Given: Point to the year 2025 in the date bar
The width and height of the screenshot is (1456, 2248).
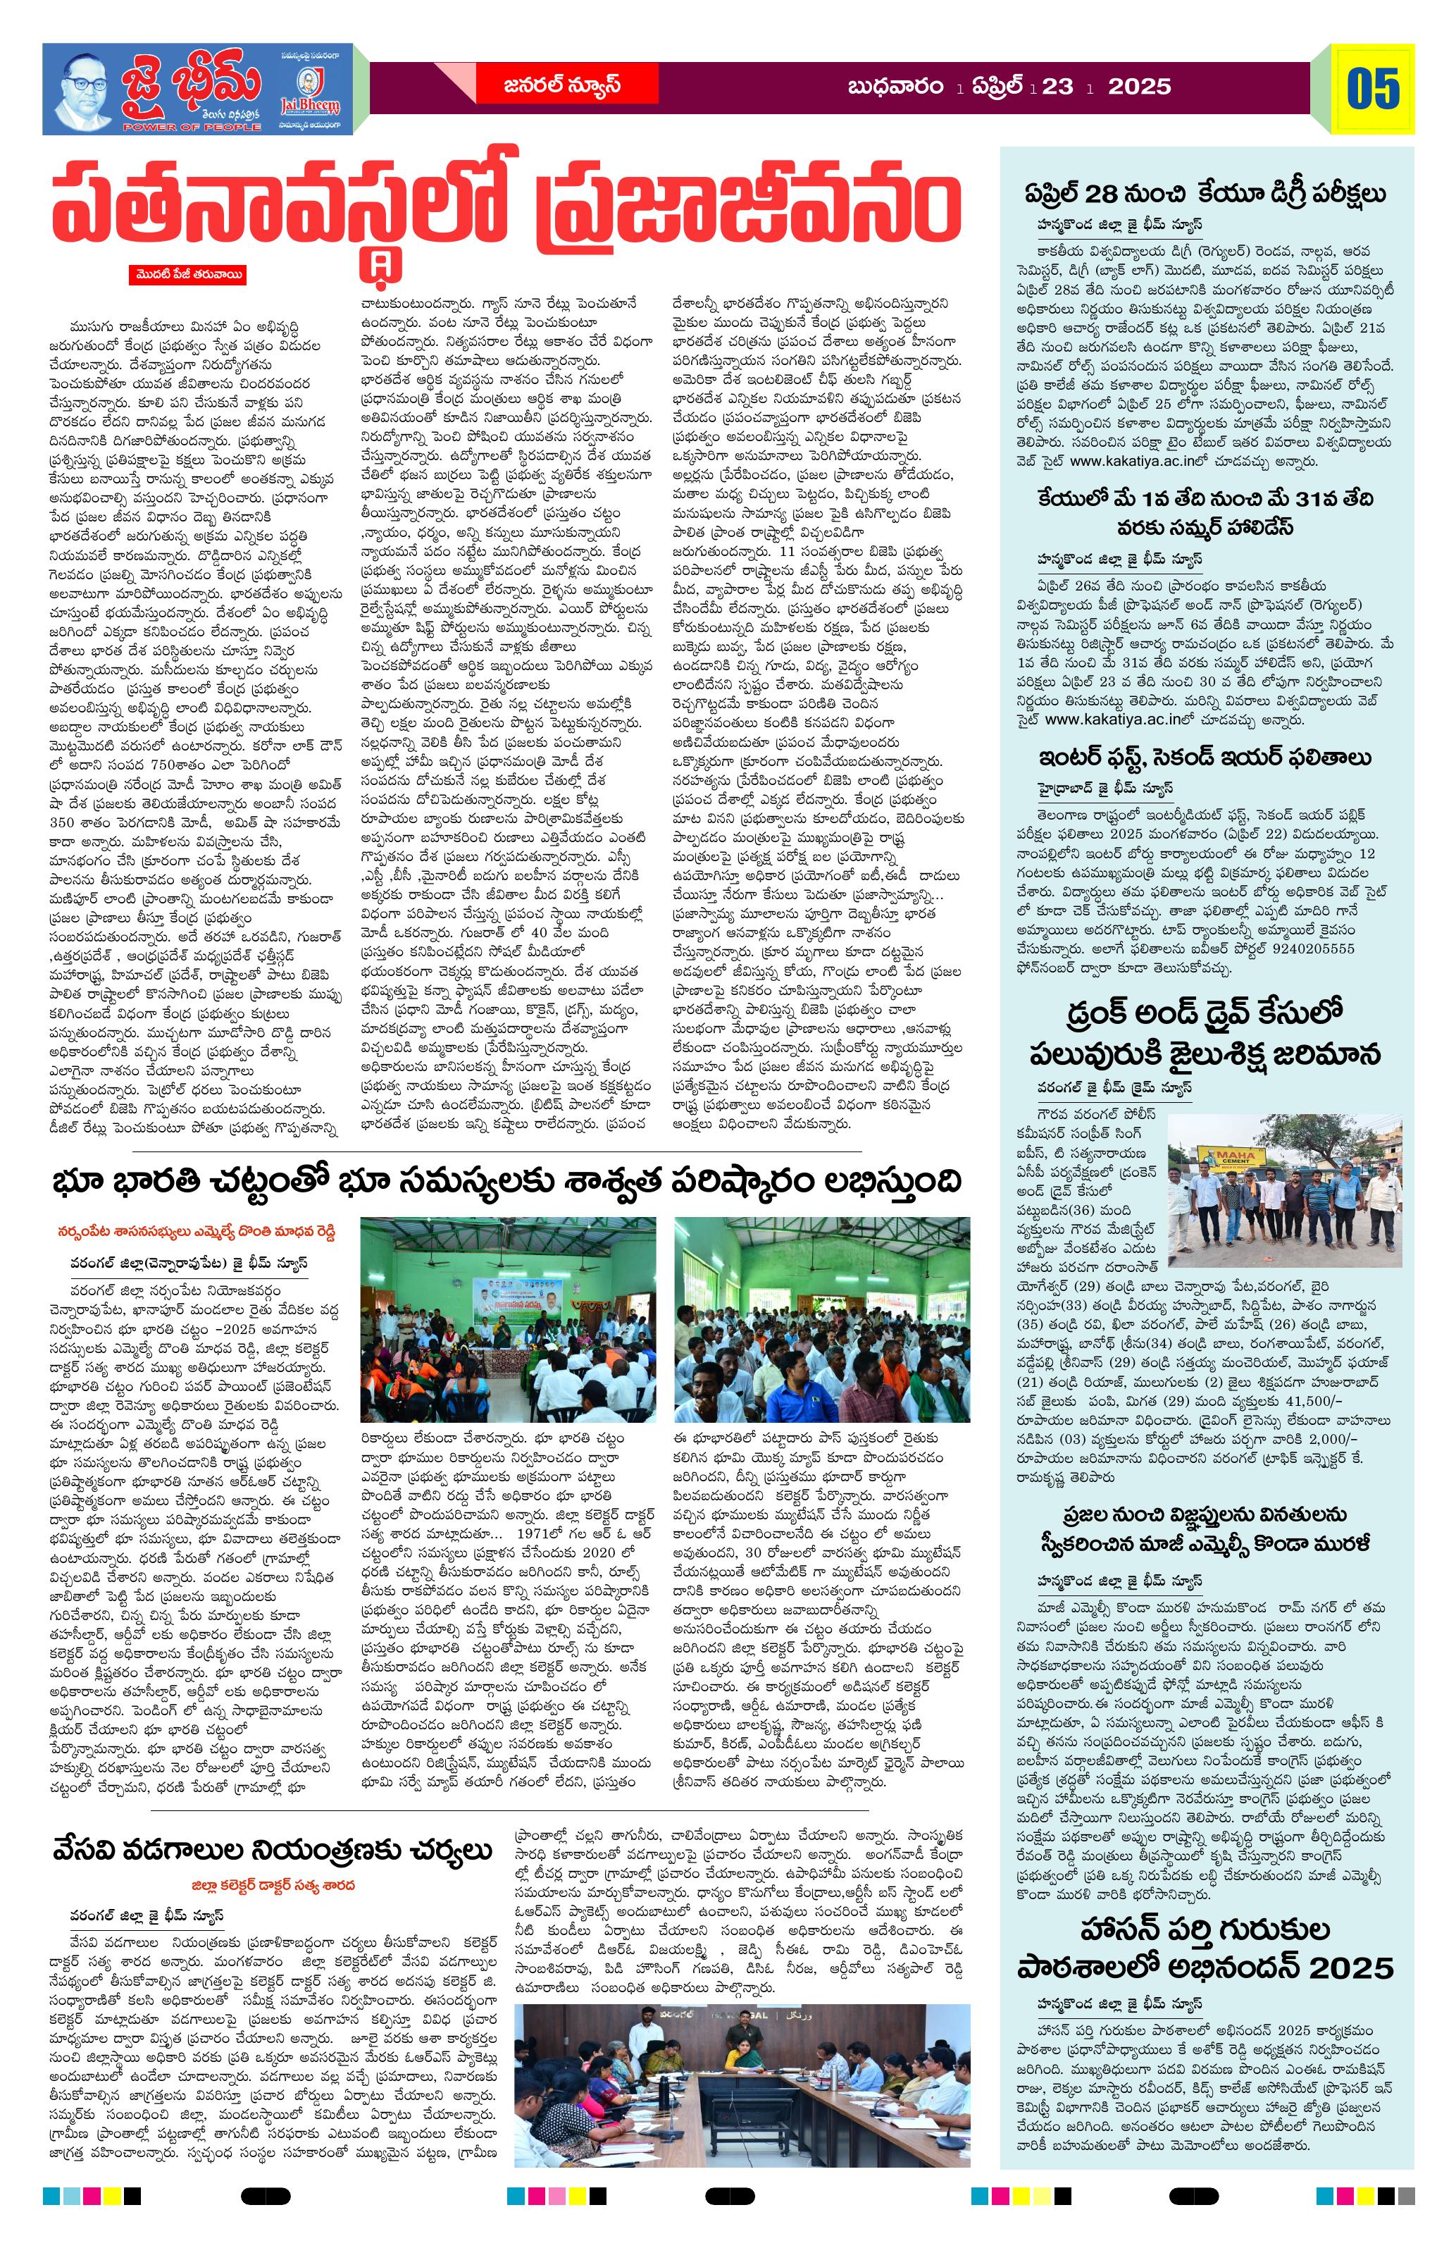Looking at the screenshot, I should coord(1139,87).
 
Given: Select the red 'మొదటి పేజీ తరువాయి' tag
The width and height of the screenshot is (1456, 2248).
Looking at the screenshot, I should coord(189,275).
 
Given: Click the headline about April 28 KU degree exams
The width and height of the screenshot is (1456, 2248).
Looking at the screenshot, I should coord(1206,194).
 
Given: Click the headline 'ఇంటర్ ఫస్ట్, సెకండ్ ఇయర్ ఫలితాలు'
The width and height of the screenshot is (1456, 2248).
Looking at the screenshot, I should coord(1206,758).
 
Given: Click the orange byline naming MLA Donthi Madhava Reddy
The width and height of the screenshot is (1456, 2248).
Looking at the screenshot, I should coord(194,1233).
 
